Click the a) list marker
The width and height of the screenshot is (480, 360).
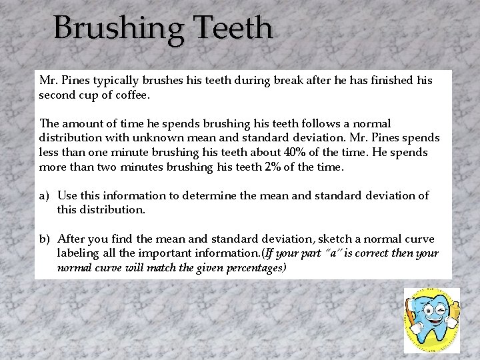pos(45,195)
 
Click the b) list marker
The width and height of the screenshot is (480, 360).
pos(46,239)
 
